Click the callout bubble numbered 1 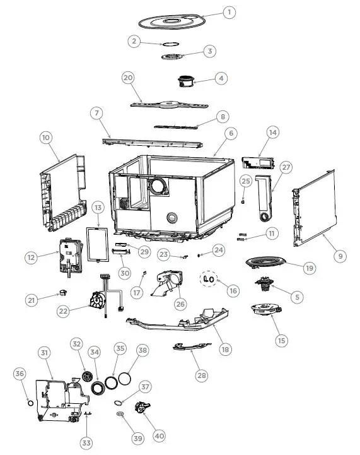tap(229, 12)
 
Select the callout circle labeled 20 tap(128, 77)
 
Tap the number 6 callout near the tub tap(231, 133)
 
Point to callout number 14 tap(272, 133)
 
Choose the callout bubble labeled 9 tap(340, 256)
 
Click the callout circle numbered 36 tap(19, 374)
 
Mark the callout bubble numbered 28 tap(201, 375)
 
